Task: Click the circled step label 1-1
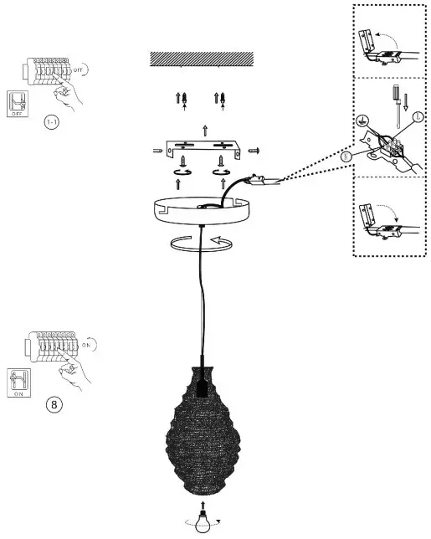tap(52, 122)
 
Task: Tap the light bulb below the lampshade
tap(201, 521)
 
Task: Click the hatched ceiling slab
tap(201, 59)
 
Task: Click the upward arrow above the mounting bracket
tap(206, 129)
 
